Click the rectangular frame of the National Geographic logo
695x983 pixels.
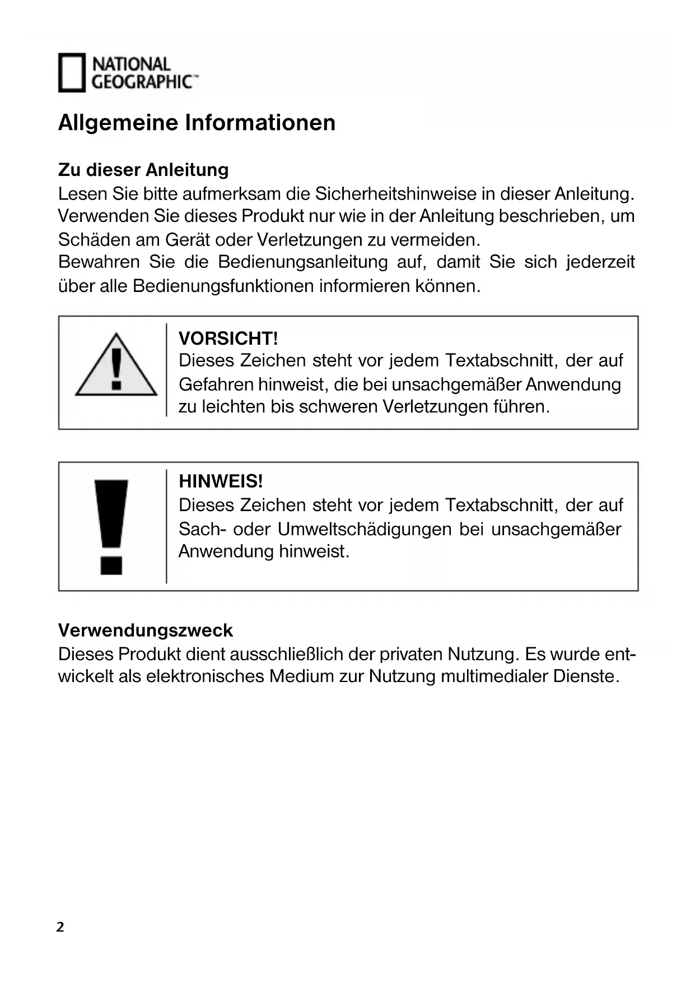pos(72,73)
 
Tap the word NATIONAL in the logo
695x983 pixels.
pos(131,64)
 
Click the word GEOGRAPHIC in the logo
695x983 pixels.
pos(143,82)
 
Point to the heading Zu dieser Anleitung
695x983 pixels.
pos(143,169)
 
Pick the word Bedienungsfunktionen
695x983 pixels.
pos(223,286)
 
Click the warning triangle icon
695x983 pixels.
pos(116,366)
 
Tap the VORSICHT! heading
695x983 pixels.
pos(228,339)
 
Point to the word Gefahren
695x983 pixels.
pos(216,384)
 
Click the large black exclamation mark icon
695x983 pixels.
pos(111,526)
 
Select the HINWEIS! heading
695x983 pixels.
pos(221,481)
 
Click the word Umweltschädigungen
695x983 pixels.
pos(365,529)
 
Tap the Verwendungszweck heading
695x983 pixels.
pos(145,630)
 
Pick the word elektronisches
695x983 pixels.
pos(205,676)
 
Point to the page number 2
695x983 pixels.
pos(60,927)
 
